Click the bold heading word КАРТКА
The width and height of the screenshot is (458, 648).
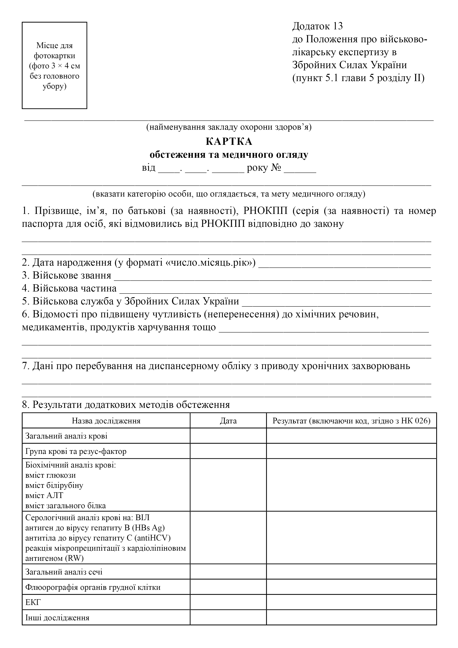pyautogui.click(x=229, y=141)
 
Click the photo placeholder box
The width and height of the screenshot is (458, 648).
pyautogui.click(x=54, y=65)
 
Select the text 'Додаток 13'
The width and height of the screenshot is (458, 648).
pyautogui.click(x=317, y=26)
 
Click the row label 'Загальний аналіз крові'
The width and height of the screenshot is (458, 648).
pyautogui.click(x=66, y=436)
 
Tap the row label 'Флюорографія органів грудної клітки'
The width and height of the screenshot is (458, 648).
pyautogui.click(x=93, y=587)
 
